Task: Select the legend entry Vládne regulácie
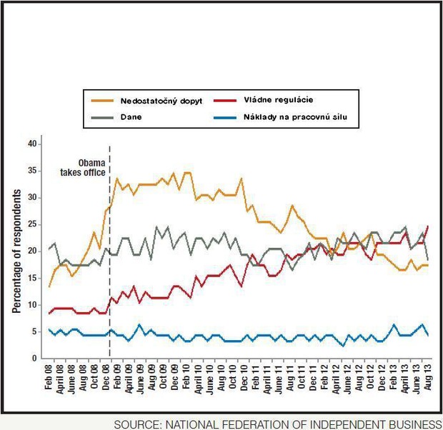pos(279,100)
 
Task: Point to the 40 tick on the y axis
pos(31,144)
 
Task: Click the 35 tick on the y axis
pos(31,171)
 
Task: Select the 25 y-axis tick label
pos(31,224)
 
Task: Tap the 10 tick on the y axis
pos(31,305)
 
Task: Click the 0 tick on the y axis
pos(34,359)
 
